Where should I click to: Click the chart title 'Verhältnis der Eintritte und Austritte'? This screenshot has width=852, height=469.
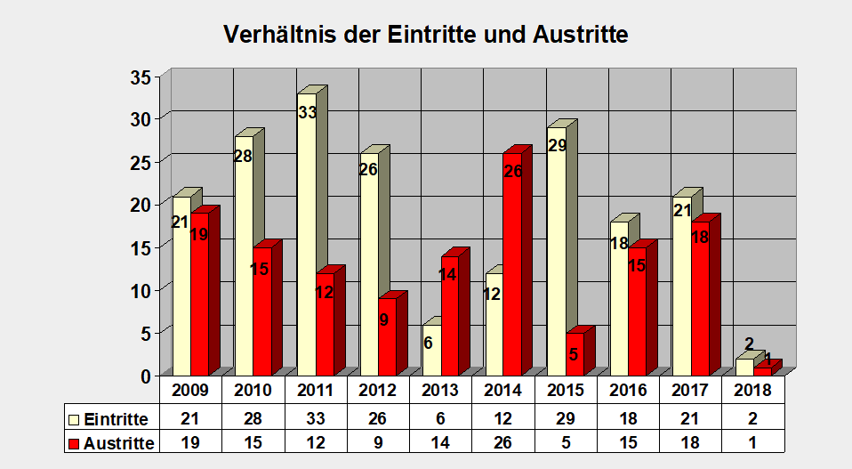pyautogui.click(x=426, y=35)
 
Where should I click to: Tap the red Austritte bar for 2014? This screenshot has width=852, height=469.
pyautogui.click(x=511, y=267)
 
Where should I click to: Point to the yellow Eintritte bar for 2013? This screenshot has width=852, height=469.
pyautogui.click(x=431, y=352)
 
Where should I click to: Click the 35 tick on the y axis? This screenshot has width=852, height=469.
pyautogui.click(x=141, y=77)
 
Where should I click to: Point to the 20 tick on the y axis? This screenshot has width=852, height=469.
pyautogui.click(x=141, y=205)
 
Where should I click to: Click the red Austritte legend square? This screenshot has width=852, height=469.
pyautogui.click(x=74, y=443)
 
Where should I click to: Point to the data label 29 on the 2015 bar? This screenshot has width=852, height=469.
pyautogui.click(x=558, y=145)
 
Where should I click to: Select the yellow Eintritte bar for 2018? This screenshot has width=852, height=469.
pyautogui.click(x=743, y=367)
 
